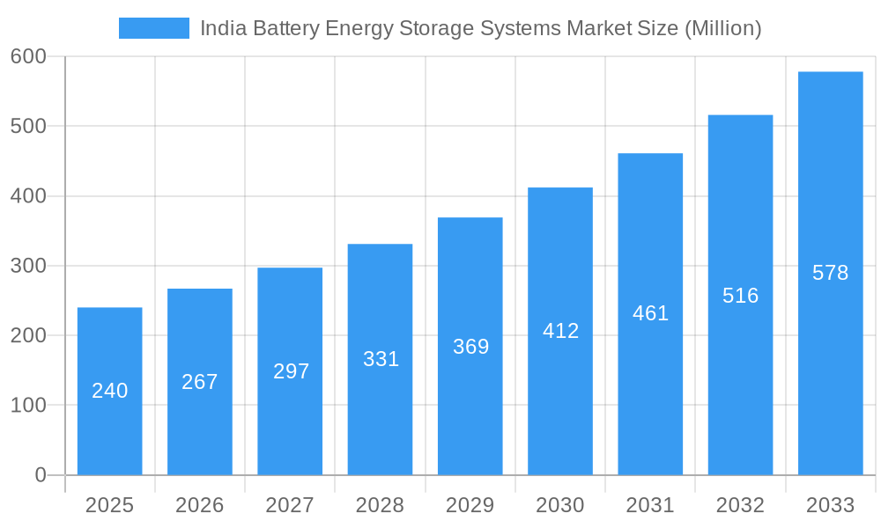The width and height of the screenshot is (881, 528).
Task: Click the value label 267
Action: (x=200, y=382)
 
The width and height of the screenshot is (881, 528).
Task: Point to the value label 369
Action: (x=470, y=347)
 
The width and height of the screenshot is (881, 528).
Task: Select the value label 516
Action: (x=740, y=296)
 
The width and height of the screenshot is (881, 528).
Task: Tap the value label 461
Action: (x=650, y=313)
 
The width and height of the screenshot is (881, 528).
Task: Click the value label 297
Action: (x=291, y=371)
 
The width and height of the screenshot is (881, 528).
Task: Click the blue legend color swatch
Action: (x=154, y=28)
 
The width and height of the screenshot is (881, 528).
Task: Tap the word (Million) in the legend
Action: (x=722, y=28)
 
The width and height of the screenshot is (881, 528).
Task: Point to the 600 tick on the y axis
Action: (x=27, y=56)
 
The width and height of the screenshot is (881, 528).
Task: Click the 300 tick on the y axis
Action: (x=27, y=266)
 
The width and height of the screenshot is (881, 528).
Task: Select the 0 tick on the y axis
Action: (x=40, y=475)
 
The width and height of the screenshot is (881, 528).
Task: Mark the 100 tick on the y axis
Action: (x=27, y=406)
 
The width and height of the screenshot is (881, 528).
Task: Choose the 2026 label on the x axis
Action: (x=200, y=505)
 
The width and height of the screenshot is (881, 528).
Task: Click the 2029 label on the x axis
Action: (x=470, y=505)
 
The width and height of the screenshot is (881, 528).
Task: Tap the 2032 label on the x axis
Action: (x=740, y=505)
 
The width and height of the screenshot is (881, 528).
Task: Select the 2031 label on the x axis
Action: (x=650, y=505)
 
